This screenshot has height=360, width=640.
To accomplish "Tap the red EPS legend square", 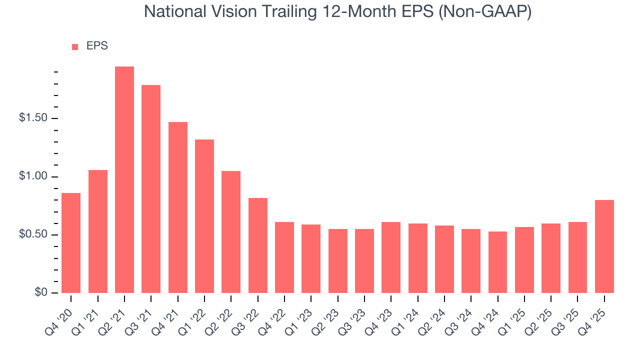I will pyautogui.click(x=75, y=46).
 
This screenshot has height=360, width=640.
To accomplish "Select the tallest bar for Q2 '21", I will pyautogui.click(x=124, y=179).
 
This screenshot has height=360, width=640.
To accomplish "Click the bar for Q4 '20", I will pyautogui.click(x=71, y=243).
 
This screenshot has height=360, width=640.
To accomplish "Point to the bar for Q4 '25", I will pyautogui.click(x=604, y=246).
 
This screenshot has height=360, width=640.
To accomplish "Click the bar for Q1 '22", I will pyautogui.click(x=204, y=216).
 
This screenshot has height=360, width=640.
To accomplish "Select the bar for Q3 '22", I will pyautogui.click(x=257, y=245).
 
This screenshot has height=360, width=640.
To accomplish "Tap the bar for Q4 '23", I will pyautogui.click(x=391, y=257).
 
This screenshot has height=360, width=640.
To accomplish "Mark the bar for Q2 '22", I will pyautogui.click(x=231, y=232).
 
